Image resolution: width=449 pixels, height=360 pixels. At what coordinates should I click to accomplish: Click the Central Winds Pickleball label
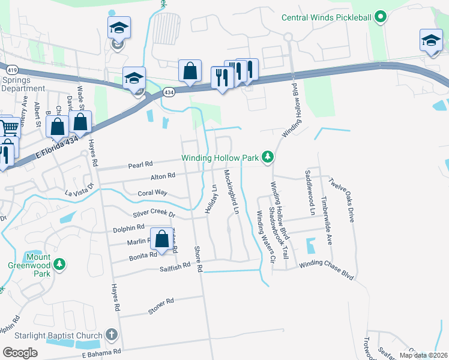[x=327, y=17]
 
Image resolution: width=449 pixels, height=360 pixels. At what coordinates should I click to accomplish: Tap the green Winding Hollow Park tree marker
[x=268, y=158]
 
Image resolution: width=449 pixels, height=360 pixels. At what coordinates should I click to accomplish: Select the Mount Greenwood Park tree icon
[x=59, y=264]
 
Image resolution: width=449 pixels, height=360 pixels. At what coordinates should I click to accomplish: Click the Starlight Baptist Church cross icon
[x=111, y=334]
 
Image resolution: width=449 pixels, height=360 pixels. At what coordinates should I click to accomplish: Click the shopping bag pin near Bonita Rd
[x=161, y=239]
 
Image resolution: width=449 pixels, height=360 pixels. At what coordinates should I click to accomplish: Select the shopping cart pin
[x=9, y=127]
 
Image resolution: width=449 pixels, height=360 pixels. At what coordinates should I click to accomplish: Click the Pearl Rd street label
[x=141, y=164]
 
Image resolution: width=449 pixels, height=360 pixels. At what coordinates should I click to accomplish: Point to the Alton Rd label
[x=162, y=176]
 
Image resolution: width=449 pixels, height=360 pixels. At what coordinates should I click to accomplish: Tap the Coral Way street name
[x=152, y=193]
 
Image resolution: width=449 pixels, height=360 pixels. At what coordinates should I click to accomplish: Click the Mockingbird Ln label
[x=231, y=192]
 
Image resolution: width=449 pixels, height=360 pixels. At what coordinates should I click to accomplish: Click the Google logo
[x=20, y=353]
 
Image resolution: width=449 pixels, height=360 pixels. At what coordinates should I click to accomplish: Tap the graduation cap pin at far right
[x=430, y=41]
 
